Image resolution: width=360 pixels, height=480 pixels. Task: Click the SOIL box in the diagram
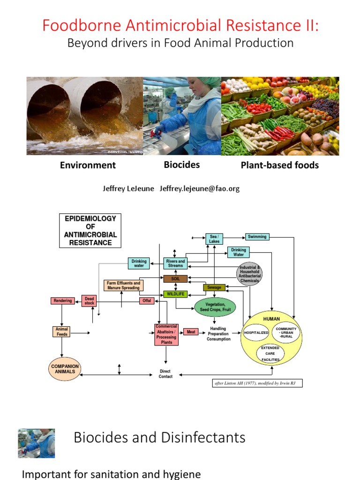pyautogui.click(x=175, y=278)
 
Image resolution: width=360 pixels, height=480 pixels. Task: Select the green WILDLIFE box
pyautogui.click(x=175, y=294)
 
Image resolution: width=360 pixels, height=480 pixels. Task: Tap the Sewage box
pyautogui.click(x=214, y=287)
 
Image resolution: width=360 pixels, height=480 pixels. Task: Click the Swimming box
pyautogui.click(x=257, y=237)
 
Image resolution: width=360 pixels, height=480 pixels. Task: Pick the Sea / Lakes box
pyautogui.click(x=214, y=239)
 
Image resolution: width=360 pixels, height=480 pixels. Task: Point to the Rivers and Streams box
pyautogui.click(x=175, y=263)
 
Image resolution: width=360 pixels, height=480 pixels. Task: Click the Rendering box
pyautogui.click(x=63, y=300)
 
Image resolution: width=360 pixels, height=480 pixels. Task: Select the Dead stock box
pyautogui.click(x=89, y=301)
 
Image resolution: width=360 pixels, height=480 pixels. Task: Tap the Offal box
pyautogui.click(x=147, y=300)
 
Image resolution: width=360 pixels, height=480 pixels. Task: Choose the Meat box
pyautogui.click(x=191, y=332)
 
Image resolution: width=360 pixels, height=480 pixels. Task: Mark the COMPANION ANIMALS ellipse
pyautogui.click(x=65, y=369)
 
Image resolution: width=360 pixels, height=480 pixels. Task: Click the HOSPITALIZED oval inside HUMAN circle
pyautogui.click(x=256, y=332)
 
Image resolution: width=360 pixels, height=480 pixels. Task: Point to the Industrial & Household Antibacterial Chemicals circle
pyautogui.click(x=249, y=274)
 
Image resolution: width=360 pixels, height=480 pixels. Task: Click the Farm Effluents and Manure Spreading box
pyautogui.click(x=123, y=285)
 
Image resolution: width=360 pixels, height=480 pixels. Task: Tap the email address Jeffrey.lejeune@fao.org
pyautogui.click(x=200, y=188)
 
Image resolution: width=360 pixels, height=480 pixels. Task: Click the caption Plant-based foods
pyautogui.click(x=279, y=165)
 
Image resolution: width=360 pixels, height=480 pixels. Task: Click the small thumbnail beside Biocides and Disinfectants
pyautogui.click(x=36, y=443)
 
